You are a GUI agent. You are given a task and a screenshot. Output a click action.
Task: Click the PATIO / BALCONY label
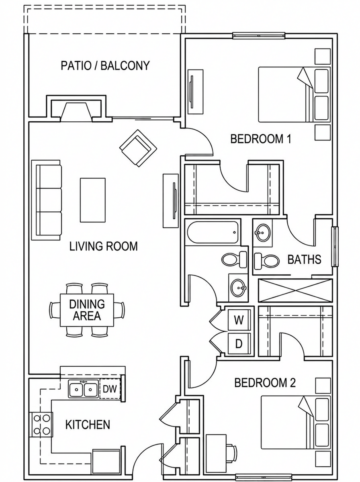tap(105, 65)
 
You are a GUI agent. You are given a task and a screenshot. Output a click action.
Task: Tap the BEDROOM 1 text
tap(261, 139)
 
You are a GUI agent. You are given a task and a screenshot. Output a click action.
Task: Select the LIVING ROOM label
tap(103, 246)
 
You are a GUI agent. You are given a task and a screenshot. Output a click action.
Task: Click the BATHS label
tap(304, 259)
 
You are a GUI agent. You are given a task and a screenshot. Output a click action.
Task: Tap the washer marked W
tap(239, 320)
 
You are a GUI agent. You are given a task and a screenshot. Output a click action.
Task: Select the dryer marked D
tap(239, 343)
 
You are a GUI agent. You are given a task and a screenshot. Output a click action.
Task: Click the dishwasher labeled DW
tap(110, 389)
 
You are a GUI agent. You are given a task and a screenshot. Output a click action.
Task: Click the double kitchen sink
tap(83, 389)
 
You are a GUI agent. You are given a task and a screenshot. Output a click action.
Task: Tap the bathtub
tap(213, 232)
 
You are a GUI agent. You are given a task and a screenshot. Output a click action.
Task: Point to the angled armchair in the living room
tap(138, 148)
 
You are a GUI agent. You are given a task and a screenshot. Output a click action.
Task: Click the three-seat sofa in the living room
tap(46, 200)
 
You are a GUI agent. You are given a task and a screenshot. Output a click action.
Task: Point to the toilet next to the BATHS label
tap(267, 261)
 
